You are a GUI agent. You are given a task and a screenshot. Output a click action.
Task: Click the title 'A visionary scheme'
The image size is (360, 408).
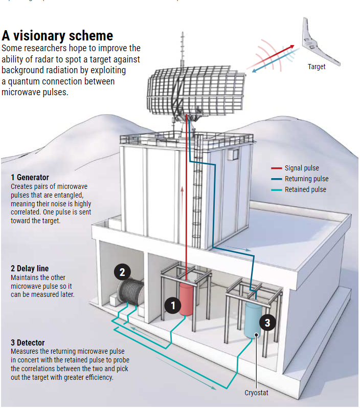(x=57, y=36)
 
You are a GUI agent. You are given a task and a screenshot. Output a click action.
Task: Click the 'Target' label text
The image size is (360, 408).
(x=317, y=67)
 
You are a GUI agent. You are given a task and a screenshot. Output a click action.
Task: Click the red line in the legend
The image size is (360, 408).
(x=276, y=168)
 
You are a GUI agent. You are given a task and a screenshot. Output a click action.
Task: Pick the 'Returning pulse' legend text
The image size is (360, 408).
(x=307, y=179)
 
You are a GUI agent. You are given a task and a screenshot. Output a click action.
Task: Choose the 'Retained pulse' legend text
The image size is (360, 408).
(x=306, y=190)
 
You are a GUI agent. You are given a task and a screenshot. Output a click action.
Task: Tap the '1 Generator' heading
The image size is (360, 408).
(x=30, y=178)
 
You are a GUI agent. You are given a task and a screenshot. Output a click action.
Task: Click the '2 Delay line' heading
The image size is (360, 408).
(x=30, y=269)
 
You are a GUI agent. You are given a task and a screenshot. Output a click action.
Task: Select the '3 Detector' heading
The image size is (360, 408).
(x=28, y=343)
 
